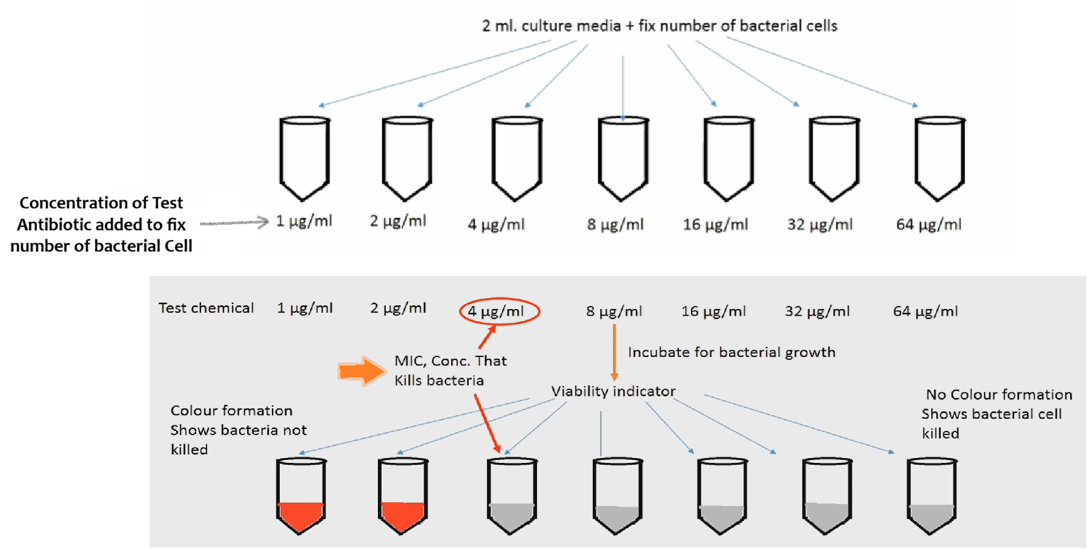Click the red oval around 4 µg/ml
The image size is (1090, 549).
click(500, 311)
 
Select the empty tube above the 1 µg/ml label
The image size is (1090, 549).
click(305, 158)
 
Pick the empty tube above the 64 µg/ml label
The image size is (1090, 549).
click(939, 158)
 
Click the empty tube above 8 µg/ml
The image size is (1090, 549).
click(623, 158)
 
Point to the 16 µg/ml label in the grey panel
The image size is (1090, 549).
click(713, 311)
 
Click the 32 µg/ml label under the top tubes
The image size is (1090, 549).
click(819, 225)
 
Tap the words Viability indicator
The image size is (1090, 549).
click(613, 391)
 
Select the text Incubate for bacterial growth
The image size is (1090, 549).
click(732, 353)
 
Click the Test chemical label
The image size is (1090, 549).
click(206, 308)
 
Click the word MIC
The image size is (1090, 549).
click(409, 361)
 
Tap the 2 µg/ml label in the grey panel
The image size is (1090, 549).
click(398, 308)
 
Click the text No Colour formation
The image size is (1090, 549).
click(999, 394)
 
